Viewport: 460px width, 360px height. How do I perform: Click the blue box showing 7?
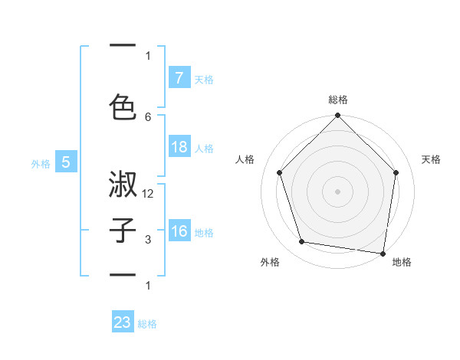coord(179,77)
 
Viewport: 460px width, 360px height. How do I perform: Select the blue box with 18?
coord(179,147)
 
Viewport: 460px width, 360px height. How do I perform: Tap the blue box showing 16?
coord(179,231)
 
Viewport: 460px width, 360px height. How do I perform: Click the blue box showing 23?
coord(123,322)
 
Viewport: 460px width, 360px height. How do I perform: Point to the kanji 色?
coord(123,106)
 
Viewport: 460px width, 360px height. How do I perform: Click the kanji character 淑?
coord(123,185)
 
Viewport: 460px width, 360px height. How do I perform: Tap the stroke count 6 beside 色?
coord(148,116)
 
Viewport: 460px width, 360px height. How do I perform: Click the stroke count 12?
coord(148,195)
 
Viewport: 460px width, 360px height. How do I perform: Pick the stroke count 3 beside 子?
coord(148,240)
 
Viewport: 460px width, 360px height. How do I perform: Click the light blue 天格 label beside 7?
coord(204,79)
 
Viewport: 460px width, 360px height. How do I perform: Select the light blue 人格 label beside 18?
coord(204,149)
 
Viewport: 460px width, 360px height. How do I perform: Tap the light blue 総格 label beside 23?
coord(147,324)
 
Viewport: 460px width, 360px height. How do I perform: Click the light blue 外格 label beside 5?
coord(41,163)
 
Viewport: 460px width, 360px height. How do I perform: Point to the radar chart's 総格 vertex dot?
coord(337,116)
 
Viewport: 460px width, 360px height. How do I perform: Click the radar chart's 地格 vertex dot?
coord(383,253)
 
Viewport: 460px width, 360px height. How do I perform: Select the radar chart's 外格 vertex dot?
coord(302,242)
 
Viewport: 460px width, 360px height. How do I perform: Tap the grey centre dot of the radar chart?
coord(337,191)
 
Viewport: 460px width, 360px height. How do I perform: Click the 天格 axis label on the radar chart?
coord(431,159)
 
